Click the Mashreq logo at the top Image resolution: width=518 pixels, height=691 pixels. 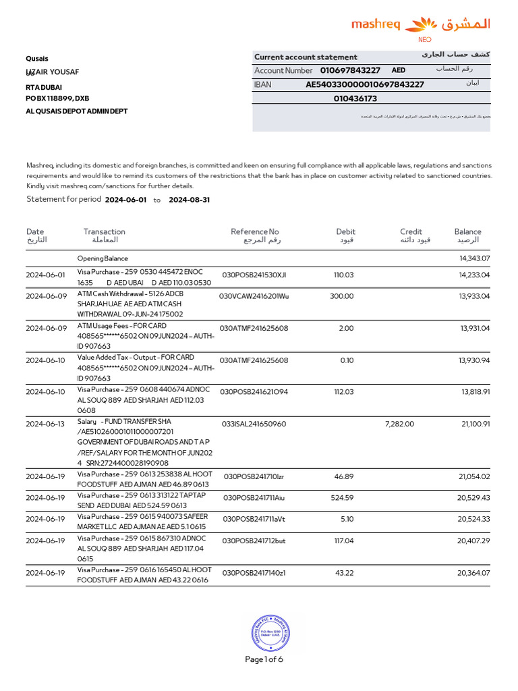(x=421, y=26)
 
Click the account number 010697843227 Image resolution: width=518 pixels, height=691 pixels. (x=350, y=70)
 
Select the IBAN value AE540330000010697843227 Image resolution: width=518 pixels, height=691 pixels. (x=365, y=84)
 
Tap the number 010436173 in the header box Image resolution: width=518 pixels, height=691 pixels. (x=355, y=99)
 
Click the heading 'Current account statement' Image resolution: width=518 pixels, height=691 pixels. (x=306, y=57)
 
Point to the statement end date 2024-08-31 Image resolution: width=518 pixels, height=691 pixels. (x=189, y=200)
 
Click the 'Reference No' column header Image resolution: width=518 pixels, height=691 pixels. (x=254, y=231)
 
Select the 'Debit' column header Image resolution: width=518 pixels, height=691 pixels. (x=345, y=231)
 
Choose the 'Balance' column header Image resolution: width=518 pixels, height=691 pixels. (x=467, y=231)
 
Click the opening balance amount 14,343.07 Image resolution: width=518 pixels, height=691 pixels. (x=474, y=258)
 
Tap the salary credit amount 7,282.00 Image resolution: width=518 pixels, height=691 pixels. (x=399, y=424)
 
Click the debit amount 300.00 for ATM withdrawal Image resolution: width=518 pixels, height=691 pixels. (x=341, y=296)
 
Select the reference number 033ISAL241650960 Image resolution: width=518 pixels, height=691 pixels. (x=254, y=424)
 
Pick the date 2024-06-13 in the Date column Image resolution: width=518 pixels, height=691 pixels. (x=45, y=424)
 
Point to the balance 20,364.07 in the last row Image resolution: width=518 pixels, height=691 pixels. (x=473, y=573)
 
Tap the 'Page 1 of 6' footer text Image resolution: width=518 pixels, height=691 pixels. (x=264, y=659)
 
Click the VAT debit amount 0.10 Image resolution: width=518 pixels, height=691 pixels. (x=347, y=360)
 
